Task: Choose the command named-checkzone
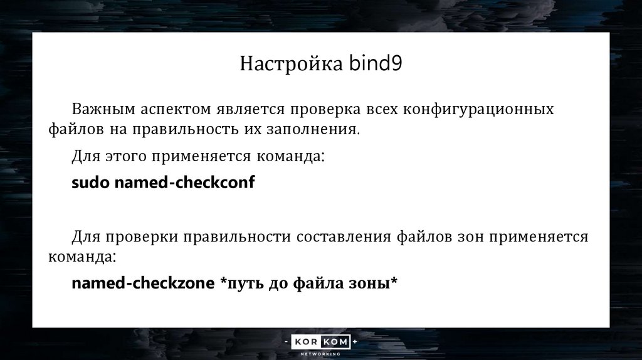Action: [142, 283]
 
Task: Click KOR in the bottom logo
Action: [307, 342]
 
